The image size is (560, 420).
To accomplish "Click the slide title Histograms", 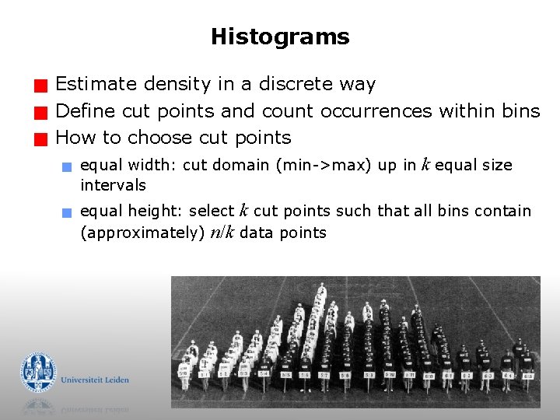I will pyautogui.click(x=280, y=37).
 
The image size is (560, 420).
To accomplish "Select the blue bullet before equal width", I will pyautogui.click(x=68, y=166).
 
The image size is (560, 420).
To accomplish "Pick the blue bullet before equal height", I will pyautogui.click(x=68, y=212).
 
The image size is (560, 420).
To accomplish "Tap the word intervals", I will pyautogui.click(x=113, y=185).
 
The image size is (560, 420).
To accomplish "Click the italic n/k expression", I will pyautogui.click(x=222, y=233).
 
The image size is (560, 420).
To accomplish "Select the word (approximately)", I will pyautogui.click(x=143, y=233).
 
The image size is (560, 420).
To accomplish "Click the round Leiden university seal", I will pyautogui.click(x=38, y=372).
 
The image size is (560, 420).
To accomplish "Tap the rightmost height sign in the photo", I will pyautogui.click(x=528, y=376).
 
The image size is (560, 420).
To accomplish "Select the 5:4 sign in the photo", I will pyautogui.click(x=264, y=373).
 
